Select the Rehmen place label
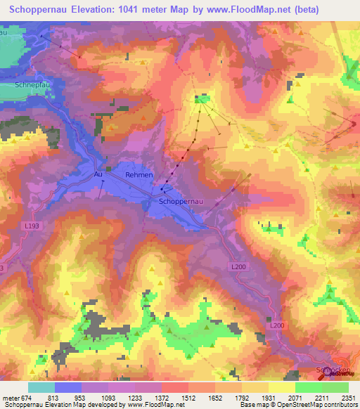coord(139,174)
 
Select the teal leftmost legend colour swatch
coord(41,387)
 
